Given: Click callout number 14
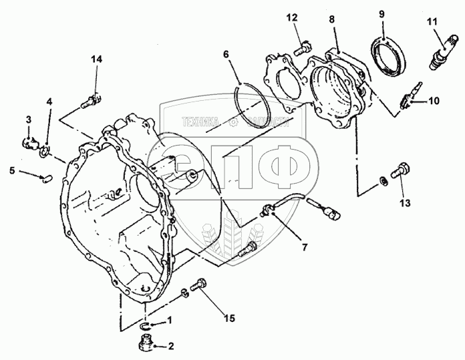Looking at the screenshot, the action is [97, 60].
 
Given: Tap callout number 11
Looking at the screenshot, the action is [432, 22].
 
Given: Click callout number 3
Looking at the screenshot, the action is [29, 120].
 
